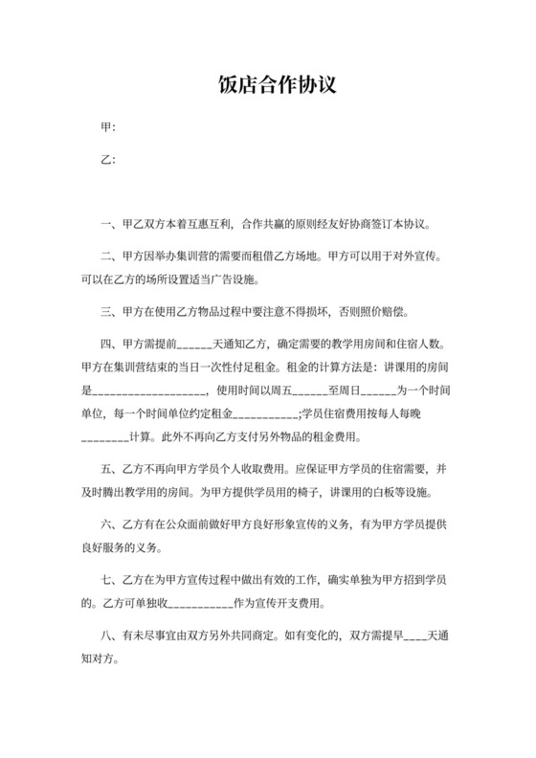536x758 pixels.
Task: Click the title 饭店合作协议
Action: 267,86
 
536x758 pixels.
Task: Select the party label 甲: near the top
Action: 108,128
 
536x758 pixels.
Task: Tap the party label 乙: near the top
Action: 108,160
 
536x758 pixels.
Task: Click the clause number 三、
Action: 108,311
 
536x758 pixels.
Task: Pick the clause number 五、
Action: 108,470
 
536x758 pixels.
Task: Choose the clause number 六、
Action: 108,525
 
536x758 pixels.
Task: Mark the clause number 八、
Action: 108,636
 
